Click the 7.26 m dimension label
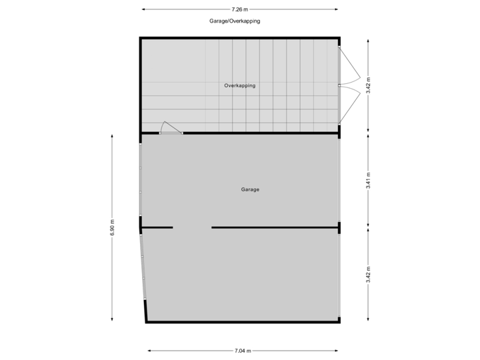click(x=239, y=9)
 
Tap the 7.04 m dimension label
click(x=243, y=350)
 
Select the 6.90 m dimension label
click(x=112, y=227)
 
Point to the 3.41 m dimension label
click(x=368, y=181)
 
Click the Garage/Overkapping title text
click(x=234, y=21)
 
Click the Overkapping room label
click(x=239, y=86)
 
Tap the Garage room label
click(x=250, y=190)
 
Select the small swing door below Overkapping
click(x=171, y=129)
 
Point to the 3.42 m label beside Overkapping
click(x=368, y=85)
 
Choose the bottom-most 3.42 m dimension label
click(x=368, y=275)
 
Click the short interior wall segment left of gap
click(x=157, y=227)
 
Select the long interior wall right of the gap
click(x=275, y=227)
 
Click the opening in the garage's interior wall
click(x=192, y=227)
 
